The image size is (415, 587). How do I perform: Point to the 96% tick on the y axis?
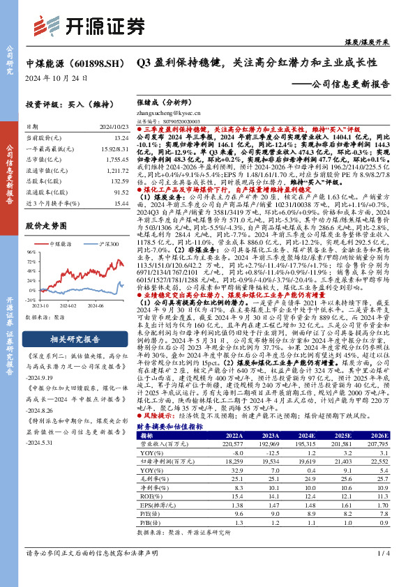tap(31, 252)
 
